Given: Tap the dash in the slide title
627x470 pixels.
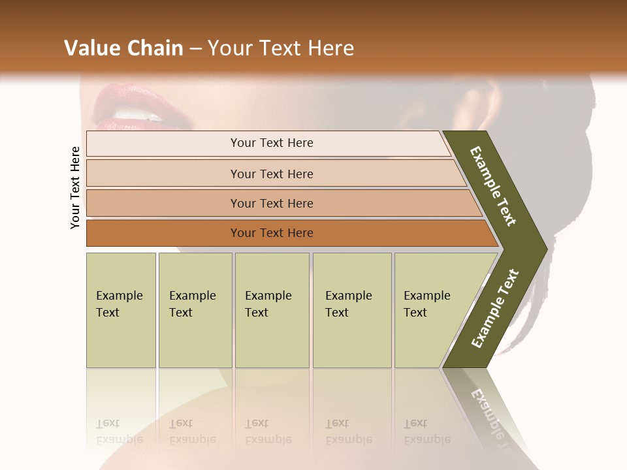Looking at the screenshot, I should (x=195, y=49).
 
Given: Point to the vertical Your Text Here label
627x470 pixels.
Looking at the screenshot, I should (x=75, y=187).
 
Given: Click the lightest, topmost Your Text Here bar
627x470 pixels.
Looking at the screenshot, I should (x=271, y=143).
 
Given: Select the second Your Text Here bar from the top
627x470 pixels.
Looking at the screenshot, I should (x=271, y=174).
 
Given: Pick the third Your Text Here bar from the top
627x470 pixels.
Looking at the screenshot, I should (x=271, y=203).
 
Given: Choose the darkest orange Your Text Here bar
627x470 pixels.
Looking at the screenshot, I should (x=271, y=232).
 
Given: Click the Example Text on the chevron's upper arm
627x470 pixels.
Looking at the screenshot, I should (x=493, y=185).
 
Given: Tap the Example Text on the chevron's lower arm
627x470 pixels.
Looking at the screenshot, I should (x=494, y=309).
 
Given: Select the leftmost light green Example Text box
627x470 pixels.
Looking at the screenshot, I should (x=121, y=310).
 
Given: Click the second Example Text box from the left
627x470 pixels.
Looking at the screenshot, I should (x=195, y=310).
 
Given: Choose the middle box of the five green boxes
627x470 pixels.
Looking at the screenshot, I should (x=272, y=310).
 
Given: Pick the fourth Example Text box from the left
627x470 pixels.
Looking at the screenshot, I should (x=351, y=310).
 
